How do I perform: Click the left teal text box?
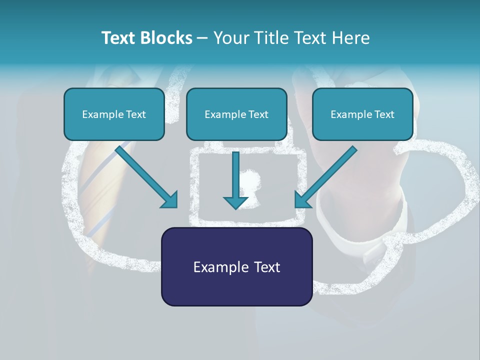pos(114,114)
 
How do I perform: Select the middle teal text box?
pos(236,114)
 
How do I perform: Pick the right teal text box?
pos(362,114)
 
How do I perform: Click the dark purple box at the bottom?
pos(236,266)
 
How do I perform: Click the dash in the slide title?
pos(202,38)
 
